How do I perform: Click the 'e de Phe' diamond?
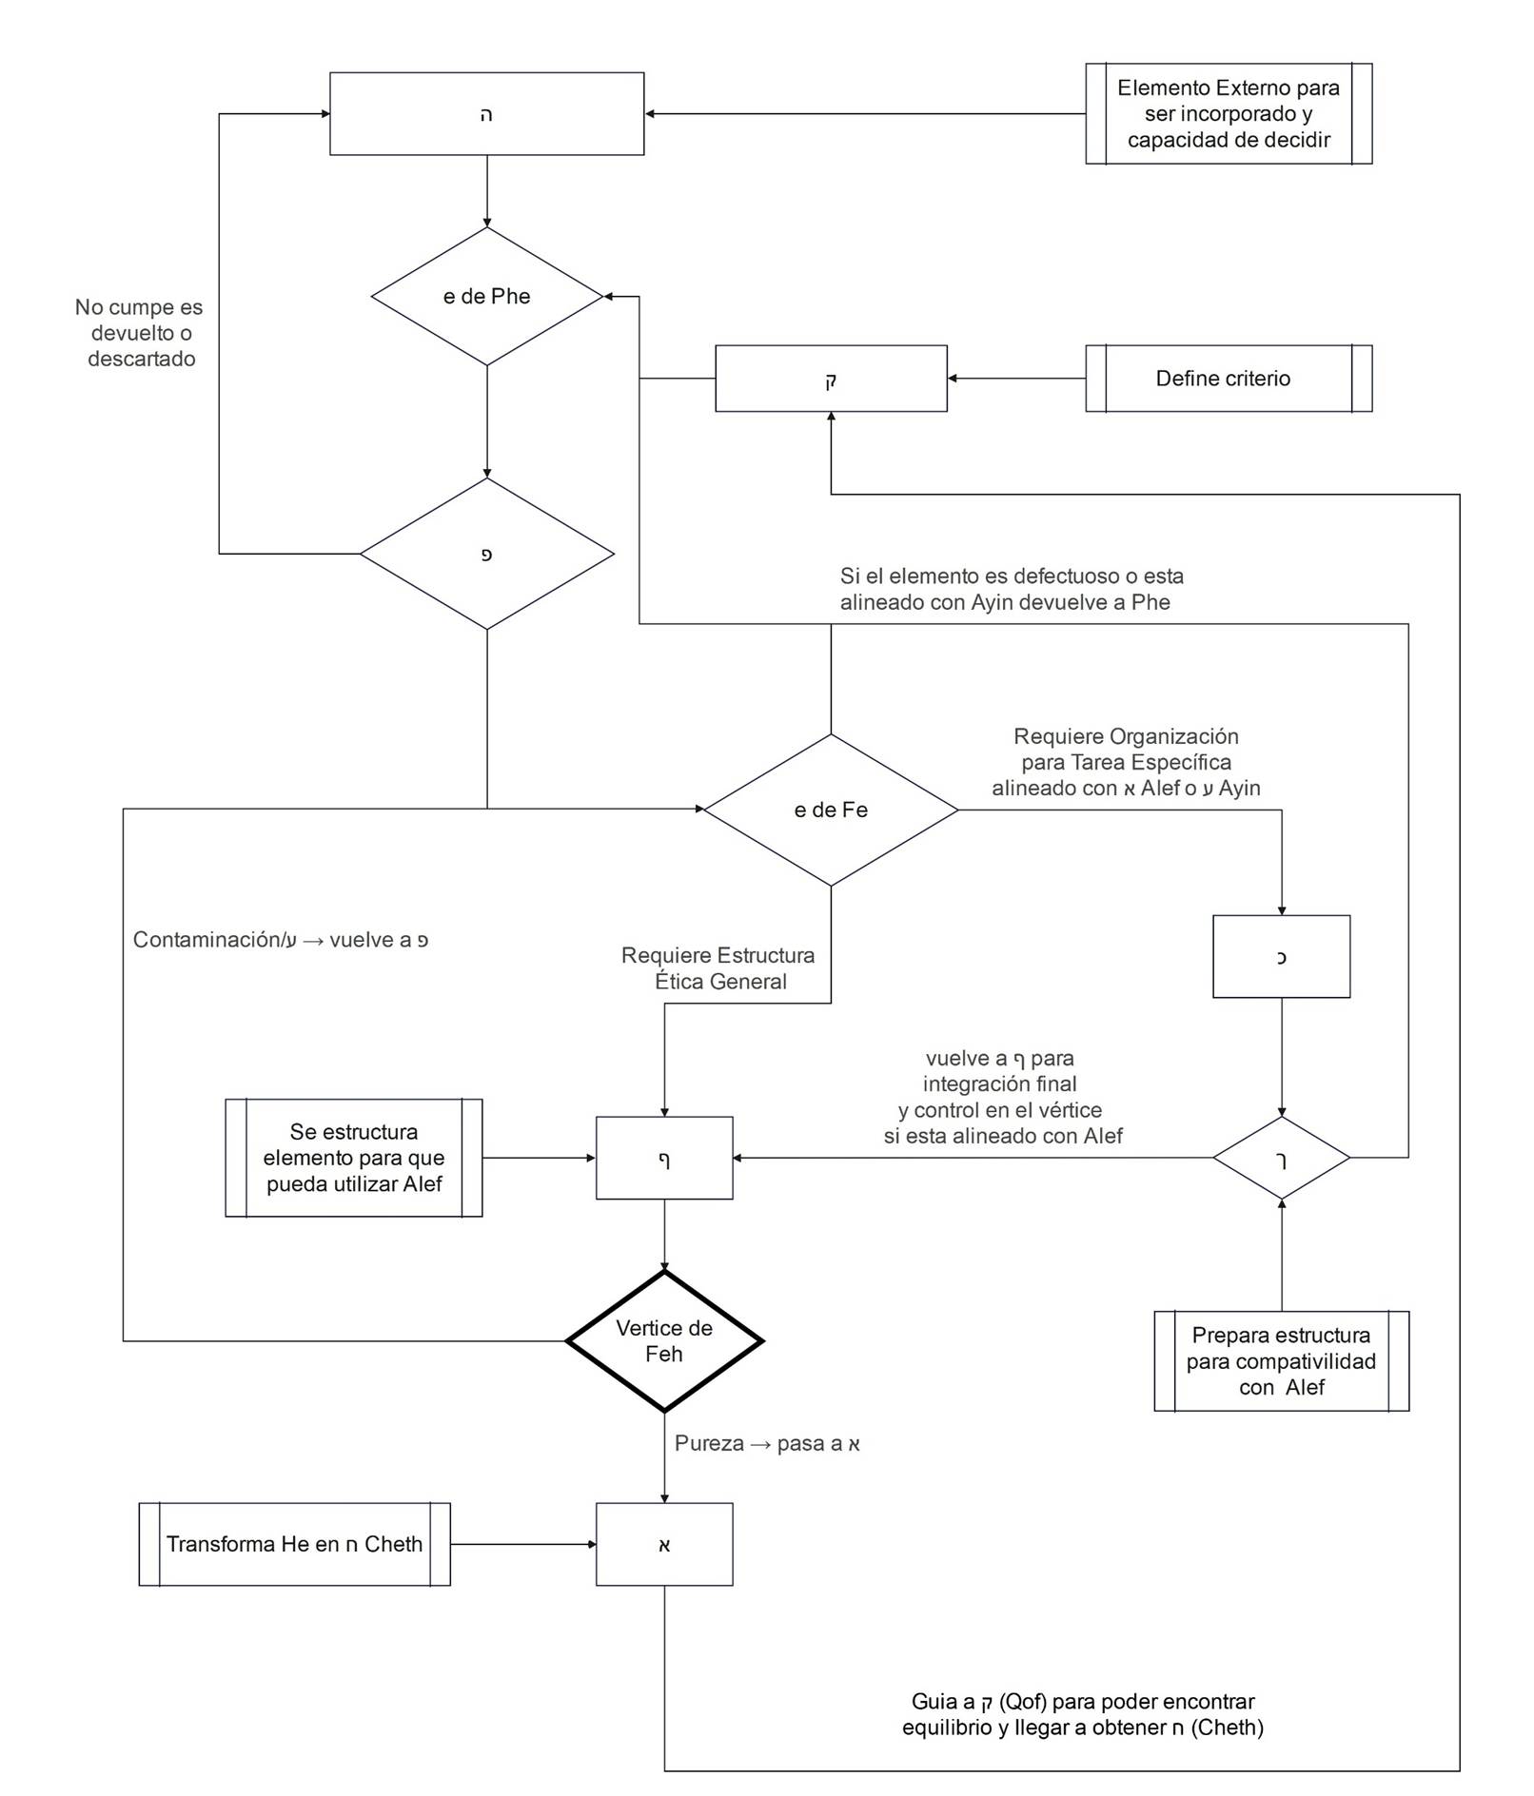[486, 296]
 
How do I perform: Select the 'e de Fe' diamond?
[830, 810]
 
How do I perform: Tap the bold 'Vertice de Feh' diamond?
[663, 1340]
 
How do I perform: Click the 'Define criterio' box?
[1228, 379]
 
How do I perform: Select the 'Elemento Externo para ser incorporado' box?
[1228, 114]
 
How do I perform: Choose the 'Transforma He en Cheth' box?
[294, 1544]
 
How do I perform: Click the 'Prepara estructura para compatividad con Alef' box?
[1281, 1360]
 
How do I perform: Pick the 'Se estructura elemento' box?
[353, 1158]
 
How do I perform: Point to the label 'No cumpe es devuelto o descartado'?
[141, 333]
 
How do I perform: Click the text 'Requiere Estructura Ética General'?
[719, 968]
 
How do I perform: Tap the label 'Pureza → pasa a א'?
[766, 1443]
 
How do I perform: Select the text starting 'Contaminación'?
[280, 940]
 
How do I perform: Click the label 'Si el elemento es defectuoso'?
[1011, 589]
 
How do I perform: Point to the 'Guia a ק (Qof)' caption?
[1082, 1714]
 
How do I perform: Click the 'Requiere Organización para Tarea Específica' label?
[1126, 762]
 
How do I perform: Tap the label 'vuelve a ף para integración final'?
[1002, 1097]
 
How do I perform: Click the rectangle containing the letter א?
[663, 1544]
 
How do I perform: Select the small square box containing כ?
[1281, 956]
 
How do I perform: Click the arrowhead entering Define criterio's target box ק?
[953, 379]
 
